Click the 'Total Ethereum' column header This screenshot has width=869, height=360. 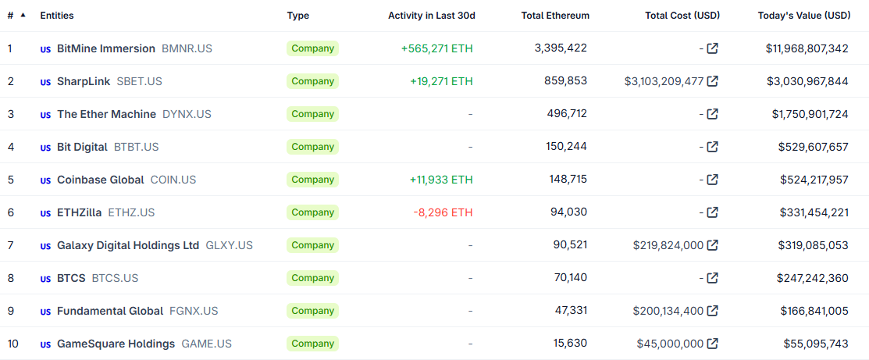pyautogui.click(x=555, y=16)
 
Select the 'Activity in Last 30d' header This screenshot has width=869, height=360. pyautogui.click(x=431, y=16)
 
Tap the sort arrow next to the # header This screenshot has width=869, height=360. pyautogui.click(x=23, y=15)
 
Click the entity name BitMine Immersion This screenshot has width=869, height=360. pyautogui.click(x=106, y=48)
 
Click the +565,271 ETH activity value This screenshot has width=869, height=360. pyautogui.click(x=436, y=48)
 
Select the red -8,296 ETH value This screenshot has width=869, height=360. pyautogui.click(x=443, y=212)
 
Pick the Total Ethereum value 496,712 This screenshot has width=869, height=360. pyautogui.click(x=567, y=114)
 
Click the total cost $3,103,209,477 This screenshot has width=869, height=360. pyautogui.click(x=664, y=81)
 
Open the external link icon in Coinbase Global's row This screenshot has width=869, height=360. pyautogui.click(x=712, y=180)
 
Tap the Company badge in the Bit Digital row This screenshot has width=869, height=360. pyautogui.click(x=312, y=147)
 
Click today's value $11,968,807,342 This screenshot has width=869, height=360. pyautogui.click(x=807, y=48)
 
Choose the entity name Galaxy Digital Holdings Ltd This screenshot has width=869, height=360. pyautogui.click(x=128, y=245)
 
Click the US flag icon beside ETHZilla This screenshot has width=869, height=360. pyautogui.click(x=45, y=213)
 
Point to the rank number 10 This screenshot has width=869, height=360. pyautogui.click(x=13, y=344)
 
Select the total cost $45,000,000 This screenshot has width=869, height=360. pyautogui.click(x=670, y=344)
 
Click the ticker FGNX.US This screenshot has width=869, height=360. pyautogui.click(x=194, y=311)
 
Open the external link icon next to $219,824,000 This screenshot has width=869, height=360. pyautogui.click(x=712, y=245)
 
